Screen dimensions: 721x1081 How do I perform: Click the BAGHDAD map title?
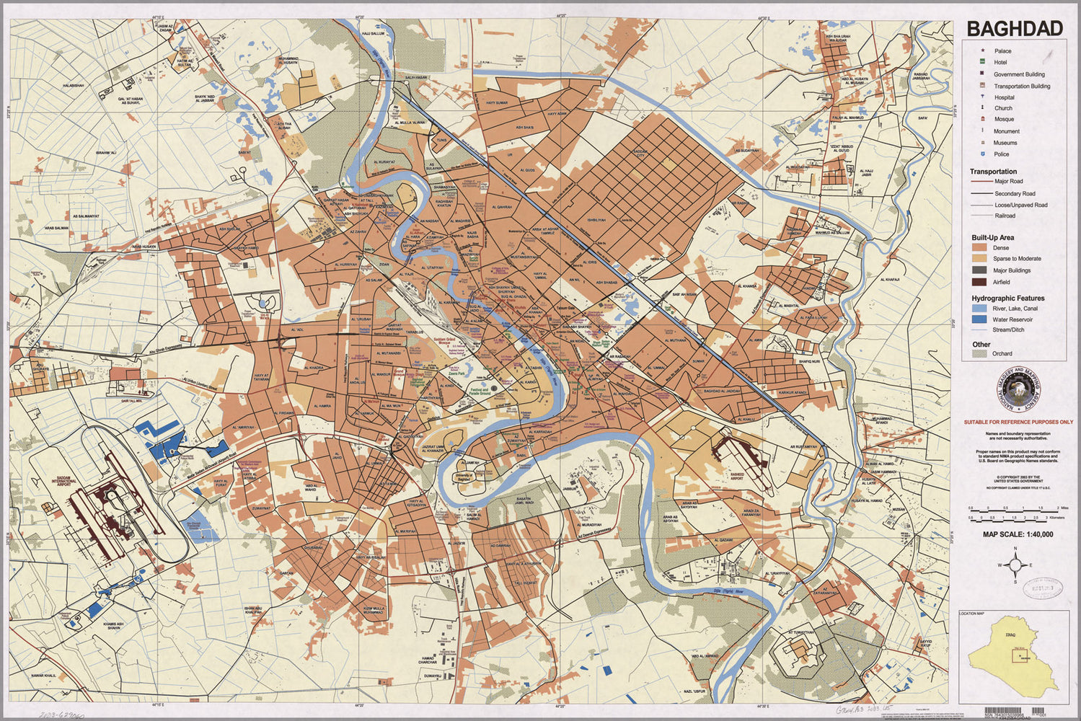1014,28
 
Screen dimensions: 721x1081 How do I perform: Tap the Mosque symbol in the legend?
982,120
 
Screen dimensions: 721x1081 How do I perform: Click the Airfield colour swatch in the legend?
979,282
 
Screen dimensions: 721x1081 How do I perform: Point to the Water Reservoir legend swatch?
979,319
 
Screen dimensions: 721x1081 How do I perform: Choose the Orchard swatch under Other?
979,353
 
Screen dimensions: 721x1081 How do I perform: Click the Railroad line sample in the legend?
981,216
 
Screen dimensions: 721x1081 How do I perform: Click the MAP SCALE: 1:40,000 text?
1018,534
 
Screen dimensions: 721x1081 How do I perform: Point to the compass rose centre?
1015,565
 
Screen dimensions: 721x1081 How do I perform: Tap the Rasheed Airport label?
736,477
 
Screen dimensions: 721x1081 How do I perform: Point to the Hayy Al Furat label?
220,482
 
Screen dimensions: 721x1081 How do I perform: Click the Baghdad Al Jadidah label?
722,391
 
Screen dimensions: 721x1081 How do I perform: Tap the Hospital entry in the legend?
1003,97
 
